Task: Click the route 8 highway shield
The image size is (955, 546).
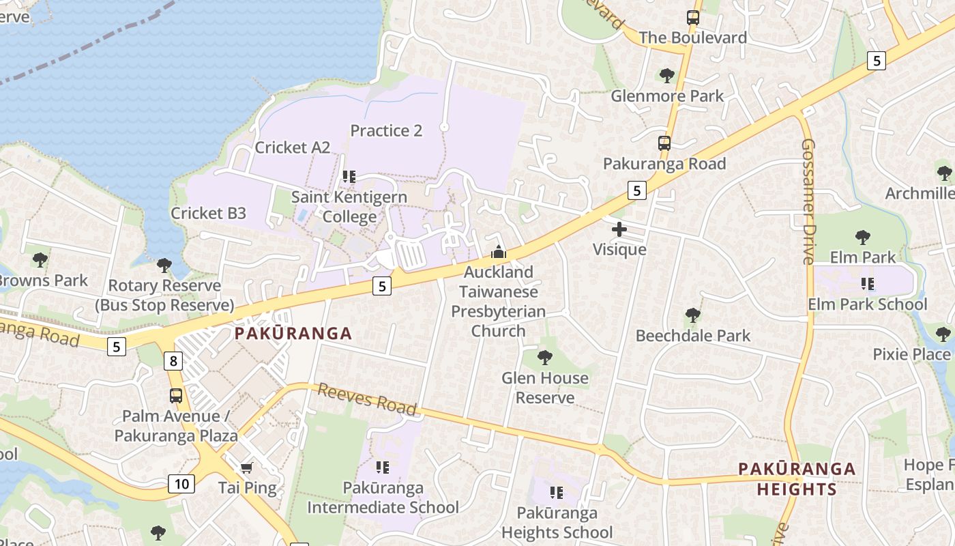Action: pos(174,361)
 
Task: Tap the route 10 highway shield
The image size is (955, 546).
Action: pos(181,484)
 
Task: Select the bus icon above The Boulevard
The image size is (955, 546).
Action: pos(693,18)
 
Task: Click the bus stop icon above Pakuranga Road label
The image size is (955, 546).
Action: pos(664,143)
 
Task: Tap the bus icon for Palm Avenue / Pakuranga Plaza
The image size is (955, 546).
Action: pos(176,395)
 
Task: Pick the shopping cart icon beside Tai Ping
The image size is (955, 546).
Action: pos(247,468)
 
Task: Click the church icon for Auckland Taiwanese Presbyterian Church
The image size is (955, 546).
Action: pos(499,253)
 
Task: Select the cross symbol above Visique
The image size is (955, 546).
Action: pos(619,229)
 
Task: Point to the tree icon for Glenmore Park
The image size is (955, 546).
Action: pos(667,75)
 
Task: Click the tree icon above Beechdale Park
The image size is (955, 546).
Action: pos(693,315)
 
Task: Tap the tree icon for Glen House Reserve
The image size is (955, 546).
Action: pos(544,357)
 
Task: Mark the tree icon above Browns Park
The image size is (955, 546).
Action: pos(40,259)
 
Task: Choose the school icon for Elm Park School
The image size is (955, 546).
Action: pos(868,283)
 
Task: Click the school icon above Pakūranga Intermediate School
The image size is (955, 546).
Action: pos(383,468)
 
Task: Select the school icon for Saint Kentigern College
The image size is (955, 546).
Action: pos(349,177)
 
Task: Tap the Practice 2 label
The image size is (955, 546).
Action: pos(386,130)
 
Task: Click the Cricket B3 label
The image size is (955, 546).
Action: pos(208,213)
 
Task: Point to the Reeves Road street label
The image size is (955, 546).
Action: pos(367,399)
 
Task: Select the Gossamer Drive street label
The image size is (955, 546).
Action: pos(808,201)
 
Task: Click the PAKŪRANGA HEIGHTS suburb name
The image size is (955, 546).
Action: pos(797,478)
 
